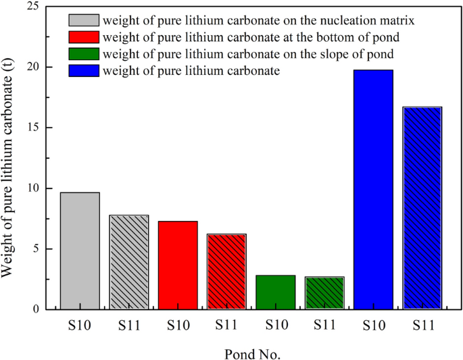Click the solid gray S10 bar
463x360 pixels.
[x=80, y=251]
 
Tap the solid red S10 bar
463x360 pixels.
[x=178, y=265]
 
